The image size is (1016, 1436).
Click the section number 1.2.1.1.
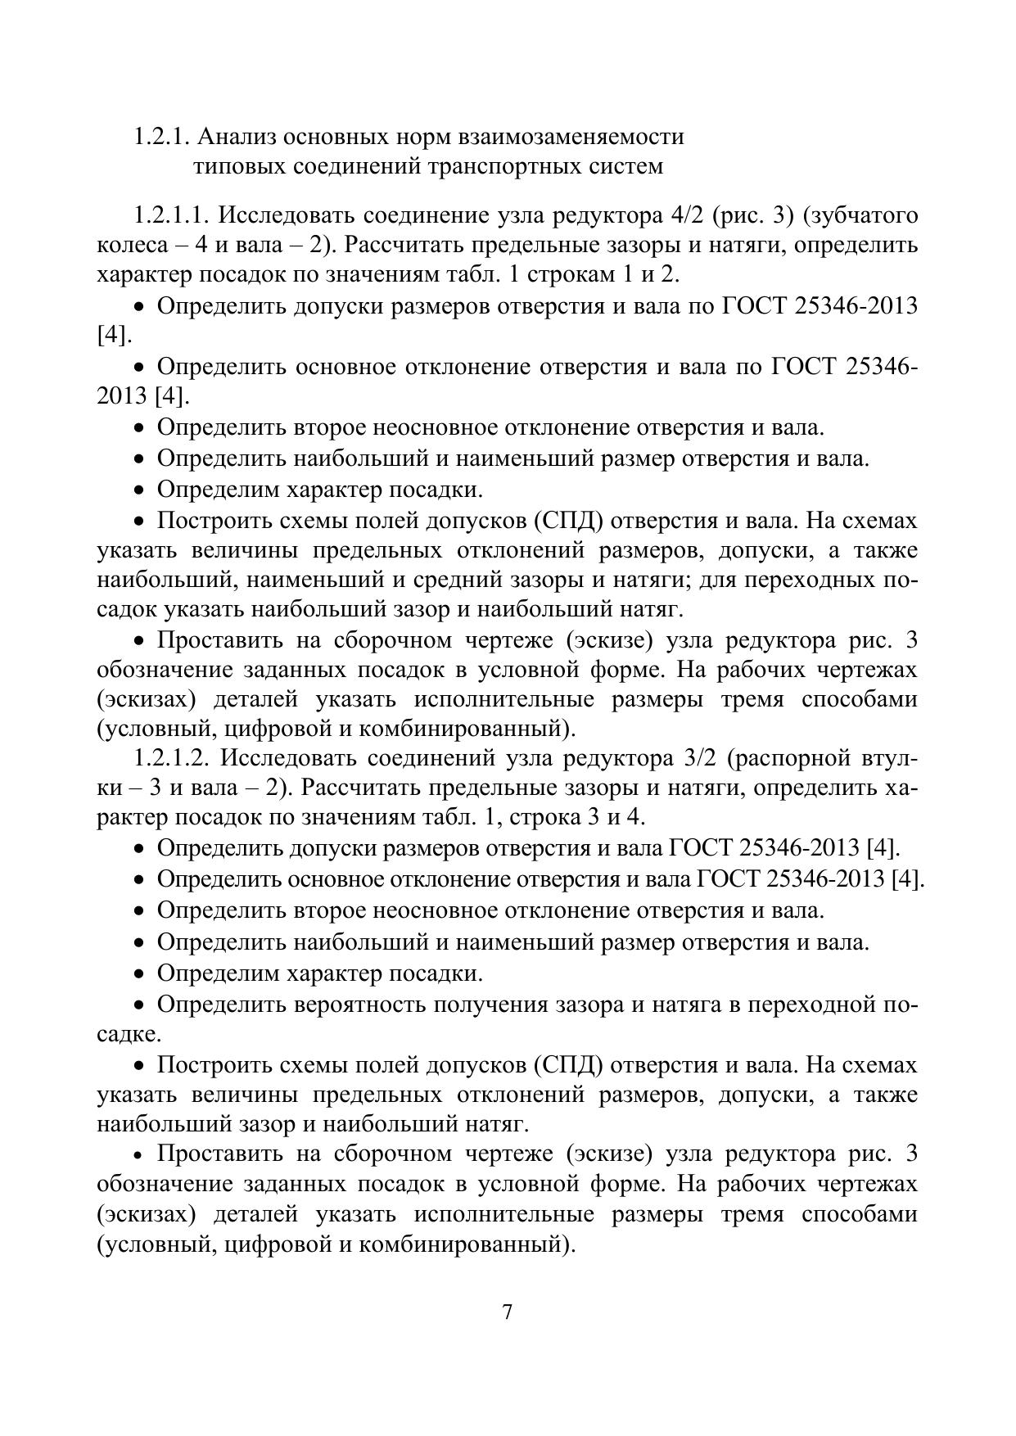pyautogui.click(x=172, y=215)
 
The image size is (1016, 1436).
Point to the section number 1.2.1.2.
pyautogui.click(x=172, y=757)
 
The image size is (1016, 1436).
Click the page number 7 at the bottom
pyautogui.click(x=508, y=1312)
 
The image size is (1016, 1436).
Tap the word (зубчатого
pyautogui.click(x=860, y=215)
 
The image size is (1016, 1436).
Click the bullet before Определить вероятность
pyautogui.click(x=142, y=1005)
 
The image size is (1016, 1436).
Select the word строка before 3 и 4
pyautogui.click(x=558, y=817)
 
